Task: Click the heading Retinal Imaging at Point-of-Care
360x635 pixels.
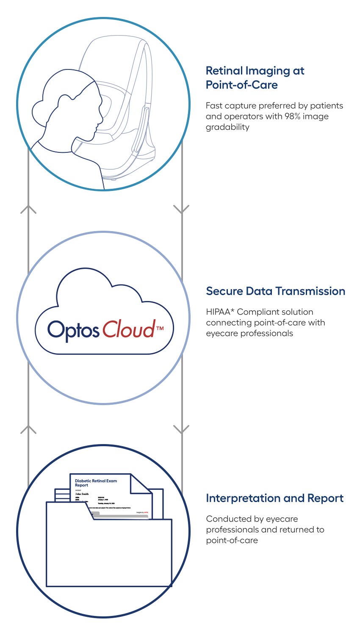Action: (255, 77)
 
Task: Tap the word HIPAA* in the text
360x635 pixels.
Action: (219, 312)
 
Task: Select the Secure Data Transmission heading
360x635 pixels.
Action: (275, 291)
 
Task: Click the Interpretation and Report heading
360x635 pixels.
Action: (274, 498)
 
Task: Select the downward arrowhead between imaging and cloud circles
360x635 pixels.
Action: (182, 210)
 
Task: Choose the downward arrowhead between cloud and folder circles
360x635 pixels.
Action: (182, 430)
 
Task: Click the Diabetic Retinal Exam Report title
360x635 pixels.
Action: (96, 483)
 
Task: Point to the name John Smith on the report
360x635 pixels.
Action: (82, 494)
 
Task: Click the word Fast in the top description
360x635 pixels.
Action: (214, 105)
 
